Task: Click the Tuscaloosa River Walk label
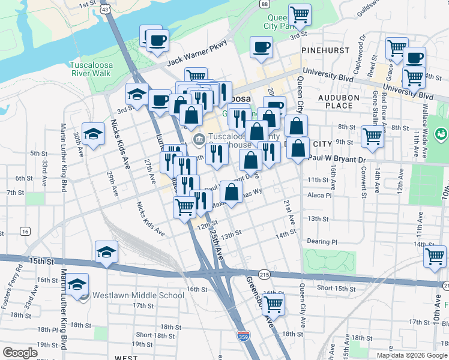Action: pyautogui.click(x=91, y=69)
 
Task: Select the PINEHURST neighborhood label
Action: pyautogui.click(x=325, y=50)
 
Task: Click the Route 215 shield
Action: pyautogui.click(x=265, y=274)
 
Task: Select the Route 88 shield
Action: pyautogui.click(x=265, y=4)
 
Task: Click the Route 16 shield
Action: pyautogui.click(x=25, y=231)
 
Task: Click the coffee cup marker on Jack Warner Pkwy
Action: pyautogui.click(x=158, y=42)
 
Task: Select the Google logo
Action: pyautogui.click(x=20, y=353)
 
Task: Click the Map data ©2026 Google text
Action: pyautogui.click(x=411, y=355)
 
